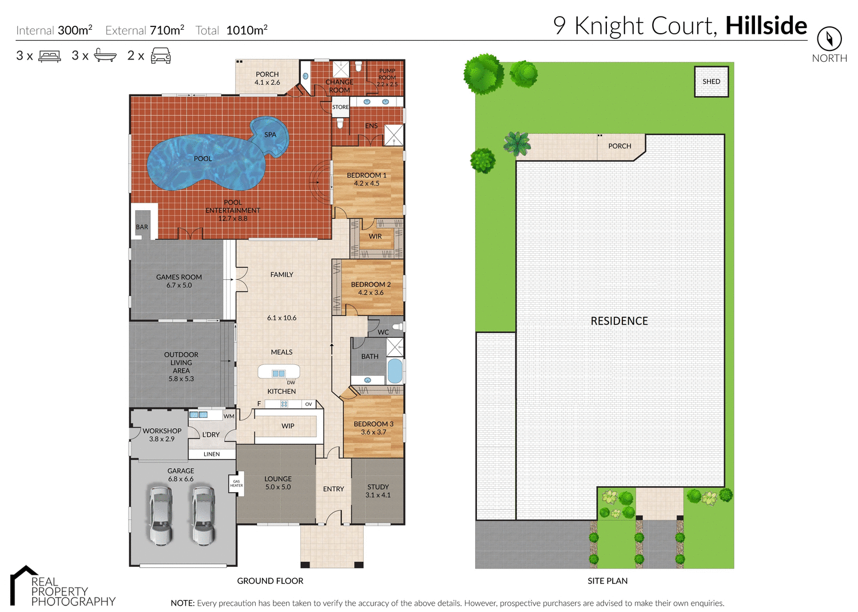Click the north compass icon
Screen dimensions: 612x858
coord(829,39)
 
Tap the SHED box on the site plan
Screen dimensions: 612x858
coord(711,81)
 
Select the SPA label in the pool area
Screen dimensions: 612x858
coord(270,135)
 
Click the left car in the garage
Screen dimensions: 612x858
coord(161,515)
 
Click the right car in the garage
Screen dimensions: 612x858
coord(203,515)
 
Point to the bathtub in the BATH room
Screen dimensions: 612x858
coord(395,371)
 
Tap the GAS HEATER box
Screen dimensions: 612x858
coord(236,484)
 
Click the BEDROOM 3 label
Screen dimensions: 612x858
coord(374,428)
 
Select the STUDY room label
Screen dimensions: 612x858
coord(378,491)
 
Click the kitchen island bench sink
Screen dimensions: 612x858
coord(279,373)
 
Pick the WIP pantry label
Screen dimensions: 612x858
coord(288,426)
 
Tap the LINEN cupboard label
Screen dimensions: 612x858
coord(212,454)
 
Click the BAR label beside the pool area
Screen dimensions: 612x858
coord(142,227)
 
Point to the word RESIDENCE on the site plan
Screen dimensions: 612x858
coord(619,321)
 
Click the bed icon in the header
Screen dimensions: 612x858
coord(50,56)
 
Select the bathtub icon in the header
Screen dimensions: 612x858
coord(105,56)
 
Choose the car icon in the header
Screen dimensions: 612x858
coord(161,56)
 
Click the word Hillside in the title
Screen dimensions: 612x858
coord(766,26)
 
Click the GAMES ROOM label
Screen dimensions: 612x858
coord(179,281)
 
